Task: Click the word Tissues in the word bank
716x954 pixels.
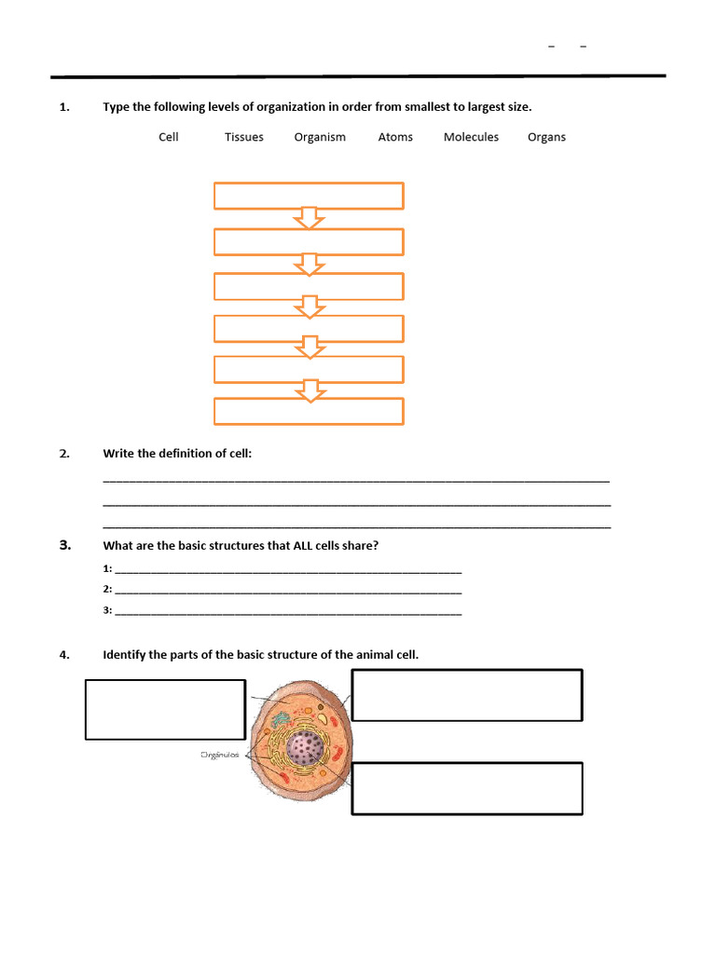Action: click(243, 137)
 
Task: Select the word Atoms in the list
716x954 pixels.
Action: click(395, 137)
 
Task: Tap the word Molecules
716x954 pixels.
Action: click(471, 137)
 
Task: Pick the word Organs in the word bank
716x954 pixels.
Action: click(546, 137)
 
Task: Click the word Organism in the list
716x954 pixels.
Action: click(320, 137)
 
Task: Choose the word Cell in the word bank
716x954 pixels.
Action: click(169, 137)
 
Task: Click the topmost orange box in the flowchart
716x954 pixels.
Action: click(309, 196)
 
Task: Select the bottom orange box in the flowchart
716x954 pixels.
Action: click(309, 412)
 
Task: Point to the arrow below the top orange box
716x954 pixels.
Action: click(309, 219)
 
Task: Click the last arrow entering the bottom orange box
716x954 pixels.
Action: click(309, 391)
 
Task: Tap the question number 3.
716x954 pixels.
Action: click(64, 546)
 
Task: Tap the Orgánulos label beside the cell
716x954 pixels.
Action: click(220, 755)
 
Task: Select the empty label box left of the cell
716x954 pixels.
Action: click(165, 709)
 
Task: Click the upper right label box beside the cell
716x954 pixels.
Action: click(467, 695)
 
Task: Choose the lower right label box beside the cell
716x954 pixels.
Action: click(467, 788)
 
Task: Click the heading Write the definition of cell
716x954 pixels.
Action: click(177, 454)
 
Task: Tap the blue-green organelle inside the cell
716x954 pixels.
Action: click(280, 720)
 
